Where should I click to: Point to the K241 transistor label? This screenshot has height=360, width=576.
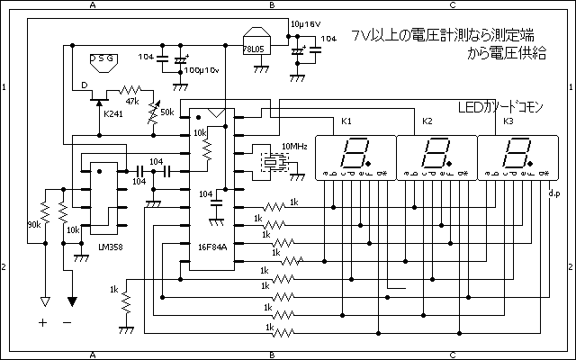(x=113, y=114)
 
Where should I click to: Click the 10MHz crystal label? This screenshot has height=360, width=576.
(x=293, y=144)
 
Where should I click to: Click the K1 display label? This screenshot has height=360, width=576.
(x=347, y=121)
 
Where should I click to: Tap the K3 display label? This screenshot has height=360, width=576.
(x=508, y=121)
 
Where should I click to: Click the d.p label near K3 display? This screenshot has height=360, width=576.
(x=553, y=192)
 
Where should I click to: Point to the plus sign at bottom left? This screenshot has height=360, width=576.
(x=42, y=321)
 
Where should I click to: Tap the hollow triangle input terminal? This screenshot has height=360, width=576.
(x=42, y=301)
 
